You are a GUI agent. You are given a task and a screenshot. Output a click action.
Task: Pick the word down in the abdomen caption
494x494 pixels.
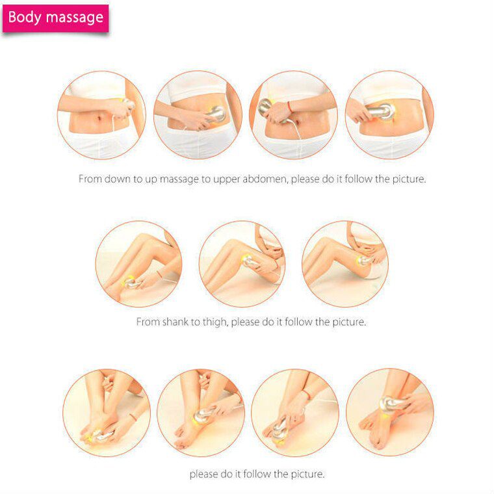click(x=118, y=179)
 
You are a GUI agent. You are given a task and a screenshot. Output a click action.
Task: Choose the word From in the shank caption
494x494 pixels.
click(x=148, y=322)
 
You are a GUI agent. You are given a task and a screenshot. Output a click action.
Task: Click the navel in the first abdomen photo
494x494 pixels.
click(x=98, y=119)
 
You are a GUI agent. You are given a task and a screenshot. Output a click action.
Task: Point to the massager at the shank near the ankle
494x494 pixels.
click(x=132, y=282)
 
